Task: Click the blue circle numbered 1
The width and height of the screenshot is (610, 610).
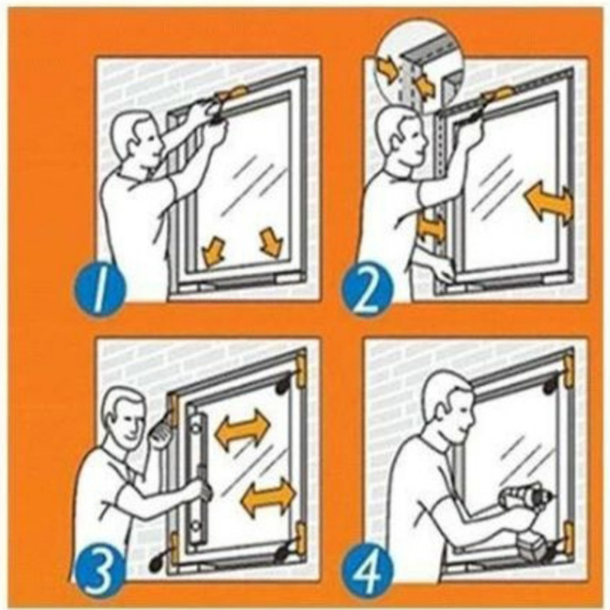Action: pos(100,289)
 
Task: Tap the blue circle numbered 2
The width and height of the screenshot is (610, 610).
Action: pos(368,289)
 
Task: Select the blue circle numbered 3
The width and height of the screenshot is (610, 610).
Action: pos(99,569)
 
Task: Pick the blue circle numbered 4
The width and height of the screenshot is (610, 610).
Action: pos(368,569)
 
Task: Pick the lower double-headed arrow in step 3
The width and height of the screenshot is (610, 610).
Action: pos(268,498)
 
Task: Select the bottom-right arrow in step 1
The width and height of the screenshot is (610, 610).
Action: pos(271,242)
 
